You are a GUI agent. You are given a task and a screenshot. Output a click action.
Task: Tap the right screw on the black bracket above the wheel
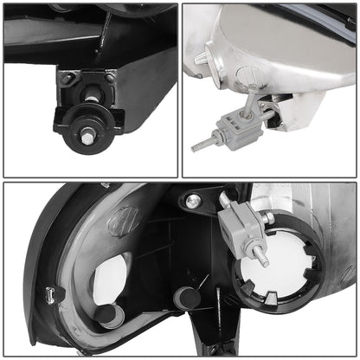pyautogui.click(x=109, y=79)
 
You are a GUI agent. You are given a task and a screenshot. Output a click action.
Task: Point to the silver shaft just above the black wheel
pyautogui.click(x=86, y=94)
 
